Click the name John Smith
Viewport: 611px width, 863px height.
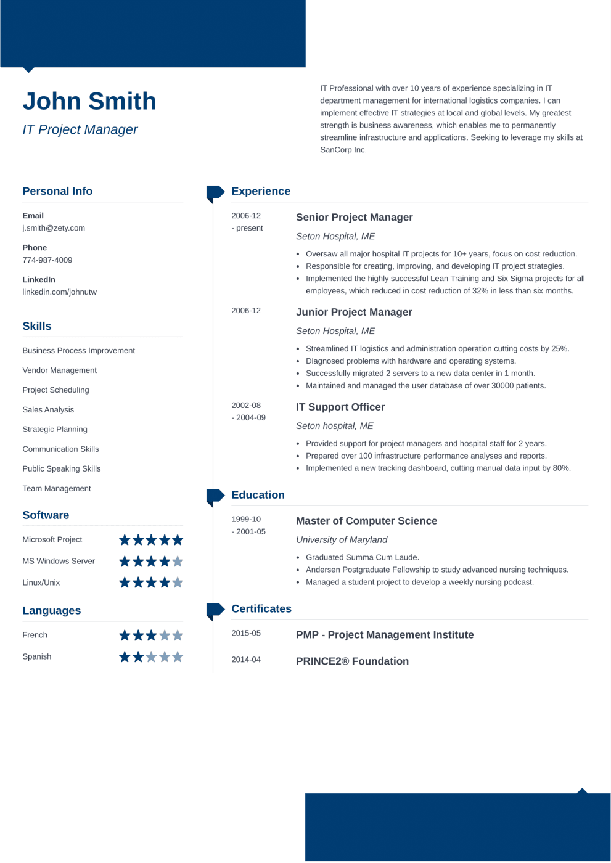(x=89, y=102)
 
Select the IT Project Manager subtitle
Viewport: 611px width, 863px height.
(x=80, y=129)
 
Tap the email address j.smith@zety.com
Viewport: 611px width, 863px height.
(x=54, y=228)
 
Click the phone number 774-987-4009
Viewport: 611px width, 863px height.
(x=47, y=260)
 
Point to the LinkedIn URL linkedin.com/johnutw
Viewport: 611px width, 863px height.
(x=60, y=292)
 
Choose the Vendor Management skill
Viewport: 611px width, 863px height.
(x=60, y=370)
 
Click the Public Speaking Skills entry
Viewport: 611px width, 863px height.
(x=62, y=469)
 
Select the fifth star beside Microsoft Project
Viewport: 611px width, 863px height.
(x=178, y=540)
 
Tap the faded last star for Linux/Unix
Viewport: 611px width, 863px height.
(x=178, y=583)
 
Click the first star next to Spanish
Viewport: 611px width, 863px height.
(x=125, y=657)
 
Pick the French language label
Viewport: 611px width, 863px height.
(x=35, y=635)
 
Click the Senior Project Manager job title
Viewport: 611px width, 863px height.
(x=355, y=218)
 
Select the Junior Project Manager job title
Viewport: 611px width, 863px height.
(x=354, y=313)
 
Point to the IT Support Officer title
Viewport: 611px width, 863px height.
(x=340, y=407)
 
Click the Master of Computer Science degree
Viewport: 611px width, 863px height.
(x=366, y=521)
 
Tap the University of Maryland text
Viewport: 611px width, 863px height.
(x=342, y=540)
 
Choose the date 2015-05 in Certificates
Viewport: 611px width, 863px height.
(x=246, y=633)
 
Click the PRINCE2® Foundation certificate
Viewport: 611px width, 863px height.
(x=352, y=661)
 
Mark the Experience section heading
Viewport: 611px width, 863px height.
(x=261, y=192)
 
